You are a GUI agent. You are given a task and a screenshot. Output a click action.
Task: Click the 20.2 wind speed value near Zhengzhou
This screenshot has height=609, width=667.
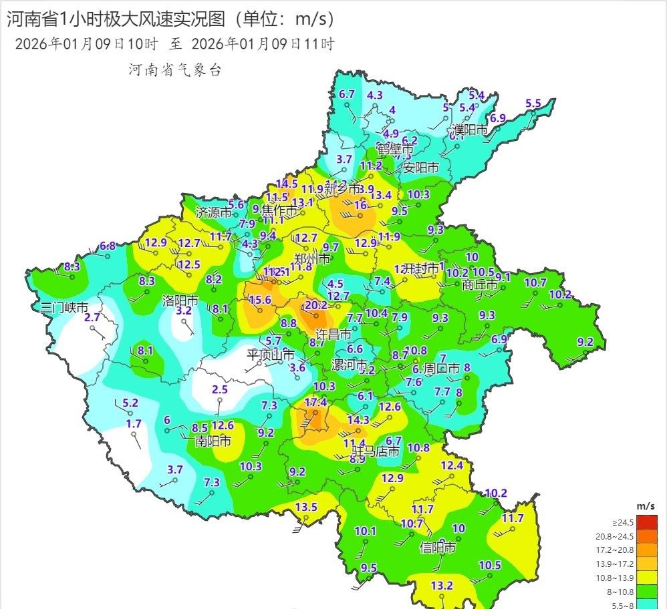pos(315,305)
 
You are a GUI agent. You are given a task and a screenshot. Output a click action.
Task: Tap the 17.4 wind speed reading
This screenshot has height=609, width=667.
pos(315,402)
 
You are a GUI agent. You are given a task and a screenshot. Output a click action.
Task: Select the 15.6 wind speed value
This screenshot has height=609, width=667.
pos(260,300)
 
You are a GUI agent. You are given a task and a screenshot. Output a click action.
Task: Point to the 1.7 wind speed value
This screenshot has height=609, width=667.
pos(134,423)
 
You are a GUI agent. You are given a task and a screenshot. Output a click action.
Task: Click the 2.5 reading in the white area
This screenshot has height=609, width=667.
pos(220,389)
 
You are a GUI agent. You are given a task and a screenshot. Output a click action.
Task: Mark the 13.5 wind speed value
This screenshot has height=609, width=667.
pos(306,507)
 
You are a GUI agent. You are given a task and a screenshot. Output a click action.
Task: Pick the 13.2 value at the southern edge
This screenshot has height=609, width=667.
pos(442,586)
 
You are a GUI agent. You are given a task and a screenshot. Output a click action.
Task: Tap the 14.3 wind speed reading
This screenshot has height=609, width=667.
pos(358,420)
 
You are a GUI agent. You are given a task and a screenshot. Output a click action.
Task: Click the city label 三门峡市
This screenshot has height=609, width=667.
pos(64,308)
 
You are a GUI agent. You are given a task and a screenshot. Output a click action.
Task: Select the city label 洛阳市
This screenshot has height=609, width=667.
pos(180,300)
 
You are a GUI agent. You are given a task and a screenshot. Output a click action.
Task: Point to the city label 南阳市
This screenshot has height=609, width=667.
pos(213,441)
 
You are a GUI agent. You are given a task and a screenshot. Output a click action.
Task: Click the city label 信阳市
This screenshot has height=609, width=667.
pos(438,548)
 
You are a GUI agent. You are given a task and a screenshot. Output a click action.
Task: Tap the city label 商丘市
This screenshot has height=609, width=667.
pos(480,284)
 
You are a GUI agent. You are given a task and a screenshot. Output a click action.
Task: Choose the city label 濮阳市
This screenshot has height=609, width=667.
pos(469,130)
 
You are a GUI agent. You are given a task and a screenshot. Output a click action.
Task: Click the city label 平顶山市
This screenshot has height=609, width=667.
pos(271,354)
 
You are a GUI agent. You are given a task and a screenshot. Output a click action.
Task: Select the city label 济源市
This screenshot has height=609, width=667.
pos(213,212)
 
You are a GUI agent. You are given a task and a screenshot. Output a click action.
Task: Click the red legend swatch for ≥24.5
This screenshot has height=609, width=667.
pos(646,522)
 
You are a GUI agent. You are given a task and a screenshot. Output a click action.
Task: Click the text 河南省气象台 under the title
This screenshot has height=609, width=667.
pos(174,69)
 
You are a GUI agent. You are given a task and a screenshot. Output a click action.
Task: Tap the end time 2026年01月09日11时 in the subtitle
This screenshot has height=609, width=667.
pos(263,44)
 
